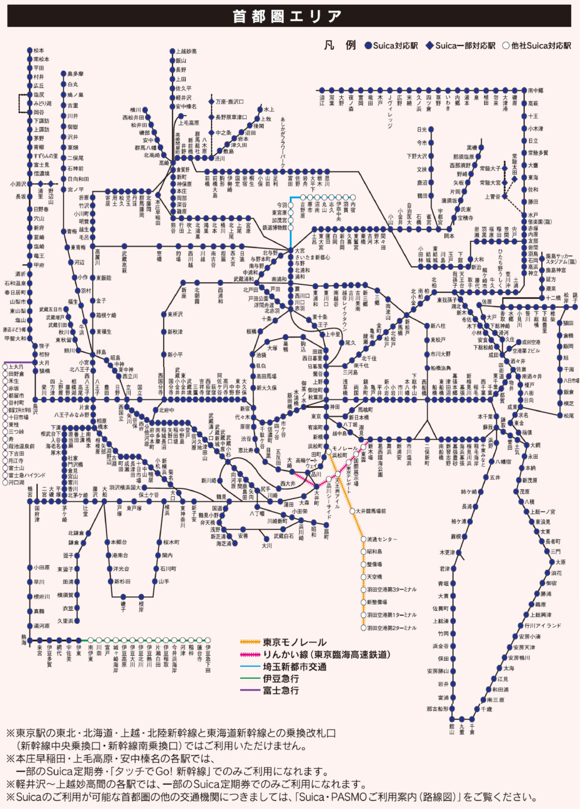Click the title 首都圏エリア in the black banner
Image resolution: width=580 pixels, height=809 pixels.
coord(287,16)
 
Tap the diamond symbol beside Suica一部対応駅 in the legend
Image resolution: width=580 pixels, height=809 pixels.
coord(429,46)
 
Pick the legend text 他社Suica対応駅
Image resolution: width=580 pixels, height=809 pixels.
coord(541,46)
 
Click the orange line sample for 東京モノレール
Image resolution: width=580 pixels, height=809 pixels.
coord(251,642)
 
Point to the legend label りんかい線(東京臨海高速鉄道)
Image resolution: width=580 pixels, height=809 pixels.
coord(327,655)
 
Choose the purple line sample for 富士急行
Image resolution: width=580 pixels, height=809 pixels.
coord(251,690)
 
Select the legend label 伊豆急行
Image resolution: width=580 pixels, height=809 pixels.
coord(281,678)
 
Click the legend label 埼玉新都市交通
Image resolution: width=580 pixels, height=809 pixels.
coord(295,667)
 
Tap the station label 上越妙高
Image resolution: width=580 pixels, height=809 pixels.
coord(186,52)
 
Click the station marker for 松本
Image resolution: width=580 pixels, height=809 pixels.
coord(29,51)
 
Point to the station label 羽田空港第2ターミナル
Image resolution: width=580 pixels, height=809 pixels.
coord(392,628)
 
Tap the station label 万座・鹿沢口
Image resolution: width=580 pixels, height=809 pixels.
coord(229,102)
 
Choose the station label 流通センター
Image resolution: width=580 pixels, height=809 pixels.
coord(382,539)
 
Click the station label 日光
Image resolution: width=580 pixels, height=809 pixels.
coord(422,130)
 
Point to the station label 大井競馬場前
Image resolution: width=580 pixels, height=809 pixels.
coord(371,511)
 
